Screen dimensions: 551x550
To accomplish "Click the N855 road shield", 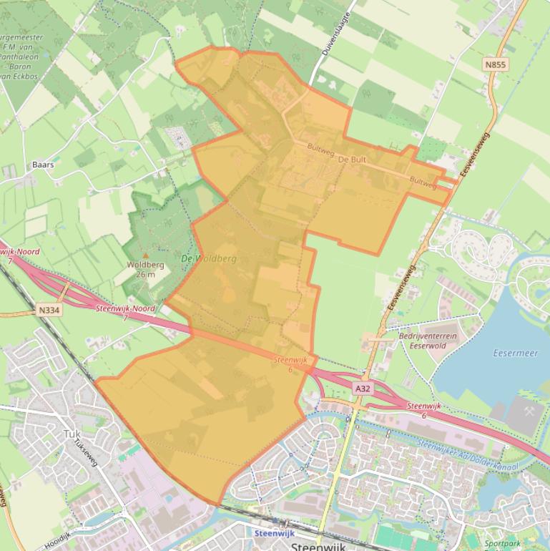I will [495, 65].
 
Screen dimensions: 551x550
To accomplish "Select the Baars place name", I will [43, 165].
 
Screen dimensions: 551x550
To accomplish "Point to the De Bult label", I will [352, 160].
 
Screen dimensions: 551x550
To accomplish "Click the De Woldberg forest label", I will [209, 258].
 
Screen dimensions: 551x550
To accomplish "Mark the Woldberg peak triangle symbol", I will [146, 255].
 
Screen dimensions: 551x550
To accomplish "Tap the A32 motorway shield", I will [363, 388].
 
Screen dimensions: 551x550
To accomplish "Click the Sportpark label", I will [502, 544].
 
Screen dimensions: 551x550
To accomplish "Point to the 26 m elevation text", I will [145, 274].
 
